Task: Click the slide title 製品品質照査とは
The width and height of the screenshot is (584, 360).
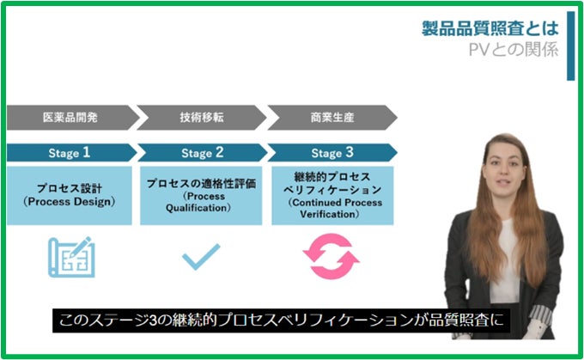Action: pos(490,28)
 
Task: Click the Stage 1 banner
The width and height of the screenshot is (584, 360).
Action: pos(70,153)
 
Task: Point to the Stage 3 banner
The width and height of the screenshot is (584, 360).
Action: pos(332,153)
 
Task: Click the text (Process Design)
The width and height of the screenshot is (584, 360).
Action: pos(69,202)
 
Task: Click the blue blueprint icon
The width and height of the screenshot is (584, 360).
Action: pos(70,255)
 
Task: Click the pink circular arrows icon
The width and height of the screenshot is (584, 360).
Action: pos(332,255)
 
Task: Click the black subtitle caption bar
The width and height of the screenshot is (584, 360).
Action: pos(284,322)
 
